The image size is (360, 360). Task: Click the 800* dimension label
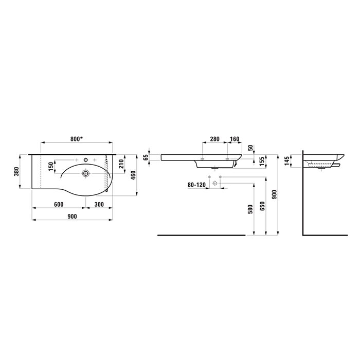(77, 139)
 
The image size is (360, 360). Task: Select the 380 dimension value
(16, 171)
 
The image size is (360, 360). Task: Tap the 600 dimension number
(59, 204)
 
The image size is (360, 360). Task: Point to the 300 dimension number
(99, 204)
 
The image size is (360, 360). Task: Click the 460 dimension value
(133, 175)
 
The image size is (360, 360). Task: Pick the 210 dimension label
(121, 164)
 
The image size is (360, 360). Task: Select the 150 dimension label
(51, 167)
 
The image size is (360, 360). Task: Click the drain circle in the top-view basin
(86, 173)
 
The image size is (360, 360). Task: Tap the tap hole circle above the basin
(86, 160)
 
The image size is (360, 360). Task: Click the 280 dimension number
(215, 139)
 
